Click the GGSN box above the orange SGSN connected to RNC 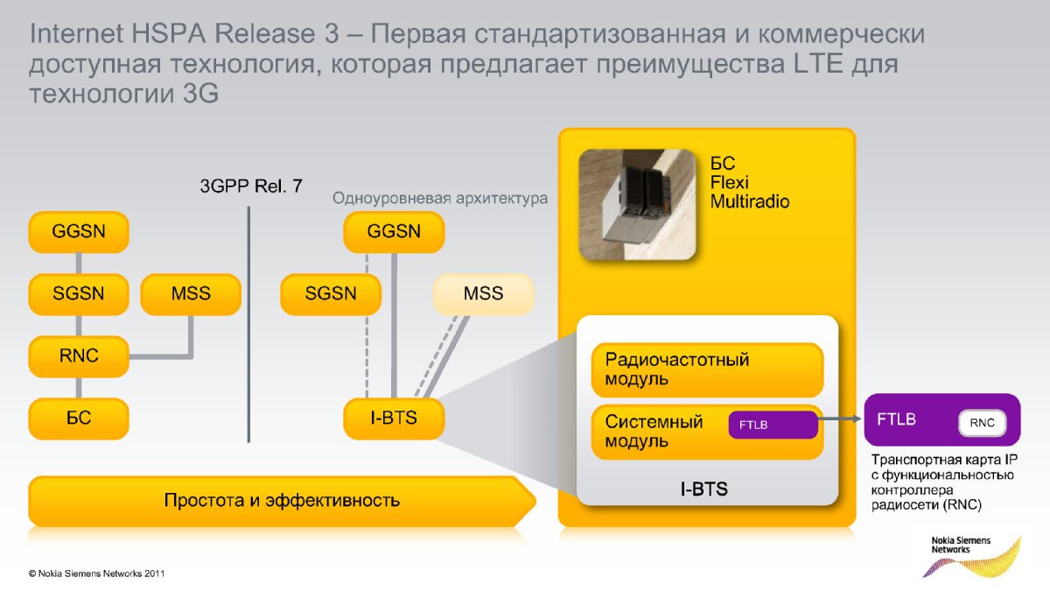(x=79, y=232)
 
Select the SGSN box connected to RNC (x=79, y=293)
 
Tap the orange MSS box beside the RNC (x=190, y=293)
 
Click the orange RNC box (x=79, y=355)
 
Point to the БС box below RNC (x=79, y=419)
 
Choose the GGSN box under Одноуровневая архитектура (x=394, y=232)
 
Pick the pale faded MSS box (x=483, y=293)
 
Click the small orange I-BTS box (x=394, y=419)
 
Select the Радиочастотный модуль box (x=707, y=369)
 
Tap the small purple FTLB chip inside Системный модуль (x=773, y=425)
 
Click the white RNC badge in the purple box (x=983, y=423)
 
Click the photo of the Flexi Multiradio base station (x=637, y=204)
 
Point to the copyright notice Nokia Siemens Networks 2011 (x=96, y=574)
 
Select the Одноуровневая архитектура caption (x=440, y=198)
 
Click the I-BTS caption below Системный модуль (x=703, y=489)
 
